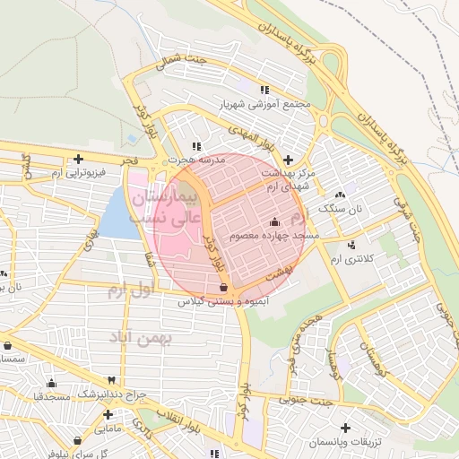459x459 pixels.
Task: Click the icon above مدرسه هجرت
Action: [197, 146]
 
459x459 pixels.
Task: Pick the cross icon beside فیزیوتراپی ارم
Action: [79, 159]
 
